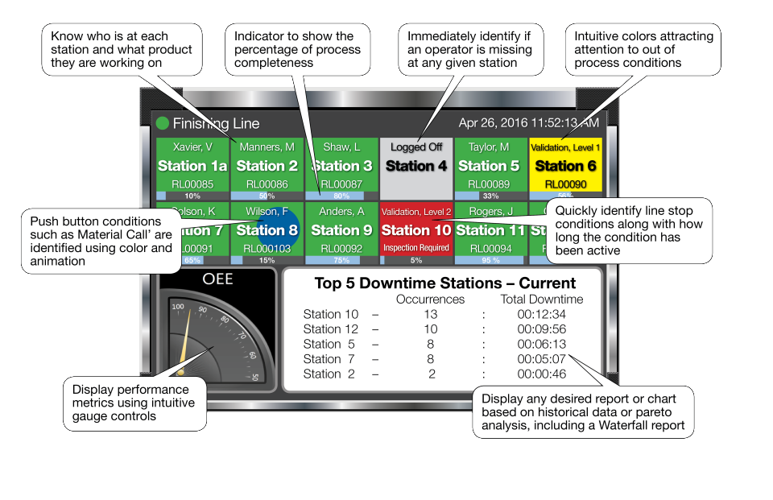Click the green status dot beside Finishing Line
coord(163,123)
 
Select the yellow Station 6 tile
coord(565,167)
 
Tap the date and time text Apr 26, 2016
coord(528,123)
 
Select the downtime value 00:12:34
coord(541,314)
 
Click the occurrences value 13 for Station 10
coord(430,314)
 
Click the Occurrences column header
coord(430,299)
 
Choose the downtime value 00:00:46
coord(541,374)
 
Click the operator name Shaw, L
coord(341,147)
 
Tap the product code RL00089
coord(490,184)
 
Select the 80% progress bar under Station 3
coord(341,196)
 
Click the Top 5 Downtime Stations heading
coord(444,283)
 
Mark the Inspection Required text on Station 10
coord(416,248)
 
